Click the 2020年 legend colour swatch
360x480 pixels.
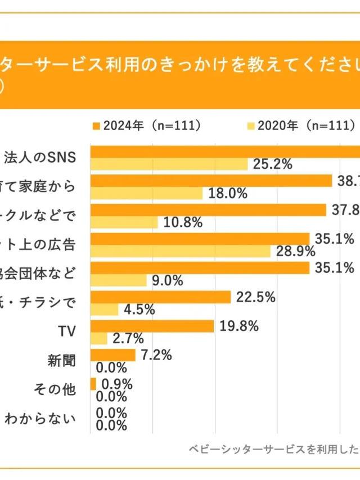point(251,125)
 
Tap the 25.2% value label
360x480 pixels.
point(273,164)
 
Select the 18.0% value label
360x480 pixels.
point(228,194)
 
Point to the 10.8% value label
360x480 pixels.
point(183,222)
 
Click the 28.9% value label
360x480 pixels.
point(295,252)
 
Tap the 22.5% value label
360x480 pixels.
point(255,297)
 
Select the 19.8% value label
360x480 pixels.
point(238,326)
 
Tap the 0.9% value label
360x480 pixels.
point(117,384)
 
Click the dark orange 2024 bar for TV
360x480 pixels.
point(152,326)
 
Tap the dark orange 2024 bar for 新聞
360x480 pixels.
point(112,355)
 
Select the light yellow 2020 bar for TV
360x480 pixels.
point(98,338)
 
